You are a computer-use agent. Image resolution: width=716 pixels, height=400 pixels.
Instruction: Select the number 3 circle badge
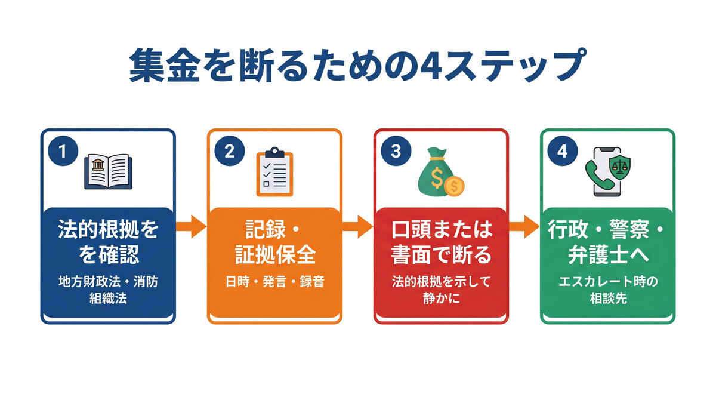(x=396, y=152)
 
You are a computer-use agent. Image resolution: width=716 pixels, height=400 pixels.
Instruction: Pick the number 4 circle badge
(x=562, y=152)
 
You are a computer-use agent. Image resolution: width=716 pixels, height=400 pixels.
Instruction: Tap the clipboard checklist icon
(x=274, y=173)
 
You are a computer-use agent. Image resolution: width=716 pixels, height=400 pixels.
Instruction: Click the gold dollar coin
(x=455, y=186)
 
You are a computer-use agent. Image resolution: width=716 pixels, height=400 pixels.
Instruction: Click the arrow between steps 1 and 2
(x=191, y=227)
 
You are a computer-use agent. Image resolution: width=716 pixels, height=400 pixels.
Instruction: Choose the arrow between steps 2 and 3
(x=357, y=227)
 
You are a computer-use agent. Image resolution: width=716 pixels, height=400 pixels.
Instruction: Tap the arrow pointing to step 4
(x=524, y=227)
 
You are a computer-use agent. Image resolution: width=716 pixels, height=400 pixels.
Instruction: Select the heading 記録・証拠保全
(x=274, y=242)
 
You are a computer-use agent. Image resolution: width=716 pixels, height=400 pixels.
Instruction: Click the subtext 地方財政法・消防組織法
(x=108, y=290)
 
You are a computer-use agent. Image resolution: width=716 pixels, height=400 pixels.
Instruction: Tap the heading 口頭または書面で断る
(x=441, y=242)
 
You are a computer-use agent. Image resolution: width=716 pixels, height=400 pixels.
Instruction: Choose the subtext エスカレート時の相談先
(x=607, y=290)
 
